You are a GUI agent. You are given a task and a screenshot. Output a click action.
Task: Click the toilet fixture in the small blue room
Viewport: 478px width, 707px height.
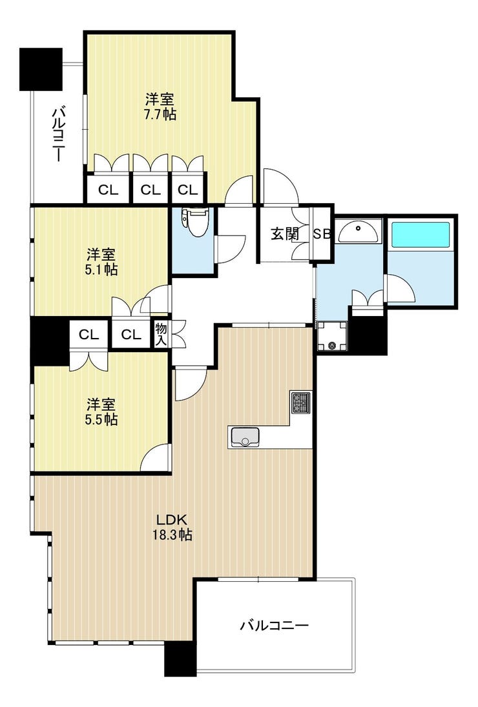(196, 221)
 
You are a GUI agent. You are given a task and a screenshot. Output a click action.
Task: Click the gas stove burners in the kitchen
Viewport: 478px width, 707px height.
(300, 403)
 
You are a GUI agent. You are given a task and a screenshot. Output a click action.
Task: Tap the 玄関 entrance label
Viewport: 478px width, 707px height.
(284, 234)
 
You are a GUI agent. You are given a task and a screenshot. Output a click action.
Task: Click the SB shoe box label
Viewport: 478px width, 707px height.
(322, 234)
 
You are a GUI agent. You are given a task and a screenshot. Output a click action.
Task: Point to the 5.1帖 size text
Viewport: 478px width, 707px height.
(101, 270)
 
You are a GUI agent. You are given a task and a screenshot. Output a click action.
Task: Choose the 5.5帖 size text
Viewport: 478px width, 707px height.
(101, 419)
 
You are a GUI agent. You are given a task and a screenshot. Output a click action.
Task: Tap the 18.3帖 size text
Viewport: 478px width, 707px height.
(172, 535)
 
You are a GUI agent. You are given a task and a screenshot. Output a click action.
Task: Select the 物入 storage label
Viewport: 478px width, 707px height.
(161, 334)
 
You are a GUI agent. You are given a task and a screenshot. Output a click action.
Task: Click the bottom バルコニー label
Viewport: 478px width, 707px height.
(274, 625)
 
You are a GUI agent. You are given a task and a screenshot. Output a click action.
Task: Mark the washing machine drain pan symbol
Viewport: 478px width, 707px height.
(333, 336)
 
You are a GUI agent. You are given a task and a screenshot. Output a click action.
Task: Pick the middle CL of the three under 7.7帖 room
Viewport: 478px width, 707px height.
(151, 190)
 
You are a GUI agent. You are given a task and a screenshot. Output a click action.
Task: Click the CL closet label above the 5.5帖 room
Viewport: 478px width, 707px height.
(89, 335)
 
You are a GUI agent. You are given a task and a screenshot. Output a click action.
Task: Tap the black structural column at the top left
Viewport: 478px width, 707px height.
(41, 69)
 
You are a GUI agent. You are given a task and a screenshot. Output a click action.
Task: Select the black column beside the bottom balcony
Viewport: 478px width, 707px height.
(180, 659)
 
